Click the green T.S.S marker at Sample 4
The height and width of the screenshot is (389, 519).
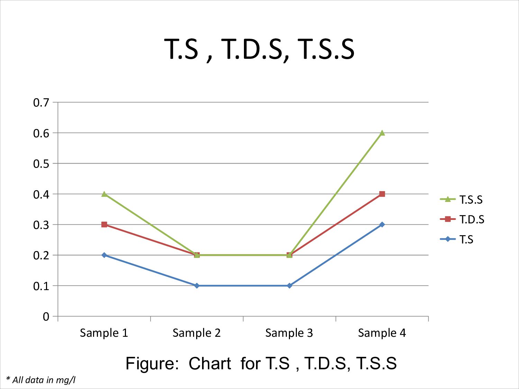tap(382, 133)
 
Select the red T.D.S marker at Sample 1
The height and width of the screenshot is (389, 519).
tap(104, 225)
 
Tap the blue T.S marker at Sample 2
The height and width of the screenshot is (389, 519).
tap(197, 286)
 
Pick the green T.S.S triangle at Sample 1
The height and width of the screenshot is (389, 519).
tap(104, 194)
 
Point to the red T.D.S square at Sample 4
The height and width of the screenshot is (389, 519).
tap(382, 194)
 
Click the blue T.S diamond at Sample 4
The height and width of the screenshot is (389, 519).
tap(382, 225)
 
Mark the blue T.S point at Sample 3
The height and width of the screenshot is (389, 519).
tap(290, 286)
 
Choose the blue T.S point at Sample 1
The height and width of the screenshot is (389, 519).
tap(104, 255)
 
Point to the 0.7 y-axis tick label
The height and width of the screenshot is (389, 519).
tap(41, 102)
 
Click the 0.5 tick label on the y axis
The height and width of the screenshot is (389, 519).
tap(41, 164)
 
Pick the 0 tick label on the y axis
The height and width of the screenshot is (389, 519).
tap(46, 316)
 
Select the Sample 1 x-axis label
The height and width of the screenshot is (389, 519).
tap(104, 333)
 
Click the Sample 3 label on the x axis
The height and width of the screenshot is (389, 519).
tap(289, 333)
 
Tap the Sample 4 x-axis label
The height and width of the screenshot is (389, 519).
tap(382, 333)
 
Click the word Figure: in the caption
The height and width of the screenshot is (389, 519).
tap(152, 363)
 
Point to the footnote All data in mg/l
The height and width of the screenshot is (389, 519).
tap(41, 380)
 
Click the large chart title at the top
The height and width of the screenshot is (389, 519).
tap(259, 49)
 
